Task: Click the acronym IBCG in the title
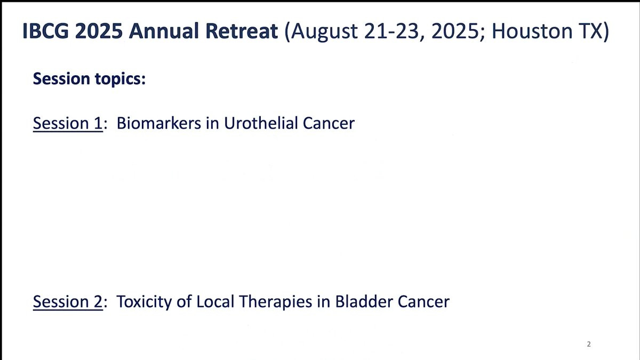point(46,31)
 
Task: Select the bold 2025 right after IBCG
point(99,31)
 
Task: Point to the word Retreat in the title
point(242,31)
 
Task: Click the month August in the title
point(325,32)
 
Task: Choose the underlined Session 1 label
point(68,123)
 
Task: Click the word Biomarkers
point(159,123)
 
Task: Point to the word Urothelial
point(261,123)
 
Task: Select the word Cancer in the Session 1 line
point(329,123)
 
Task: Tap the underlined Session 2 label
point(68,301)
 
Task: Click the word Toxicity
point(145,302)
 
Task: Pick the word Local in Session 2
point(215,301)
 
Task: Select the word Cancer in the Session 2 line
point(423,301)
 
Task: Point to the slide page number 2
point(589,345)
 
